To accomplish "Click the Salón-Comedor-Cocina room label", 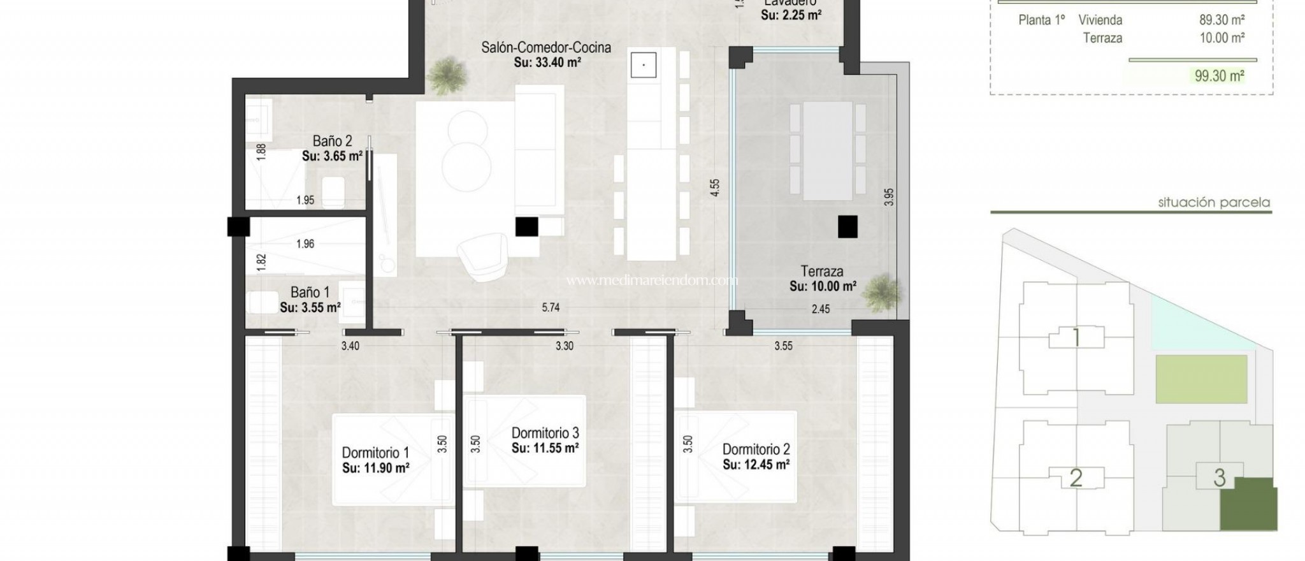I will (546, 47).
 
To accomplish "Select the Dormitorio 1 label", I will (375, 453).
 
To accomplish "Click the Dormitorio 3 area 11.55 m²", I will (545, 448).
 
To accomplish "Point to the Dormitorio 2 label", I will (756, 449).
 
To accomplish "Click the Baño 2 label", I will (332, 141).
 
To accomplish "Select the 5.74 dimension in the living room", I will (551, 307).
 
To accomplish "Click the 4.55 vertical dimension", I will (715, 187).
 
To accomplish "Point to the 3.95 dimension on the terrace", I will (889, 196).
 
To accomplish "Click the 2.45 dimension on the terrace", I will (821, 309).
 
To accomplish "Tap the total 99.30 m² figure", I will (1219, 76).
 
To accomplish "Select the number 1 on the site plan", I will (1076, 337).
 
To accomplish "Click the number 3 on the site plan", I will (1220, 477).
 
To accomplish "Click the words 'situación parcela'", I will (1214, 203).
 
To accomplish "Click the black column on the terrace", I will (847, 226).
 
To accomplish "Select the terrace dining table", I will (828, 151).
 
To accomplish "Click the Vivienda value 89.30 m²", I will (1222, 20).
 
